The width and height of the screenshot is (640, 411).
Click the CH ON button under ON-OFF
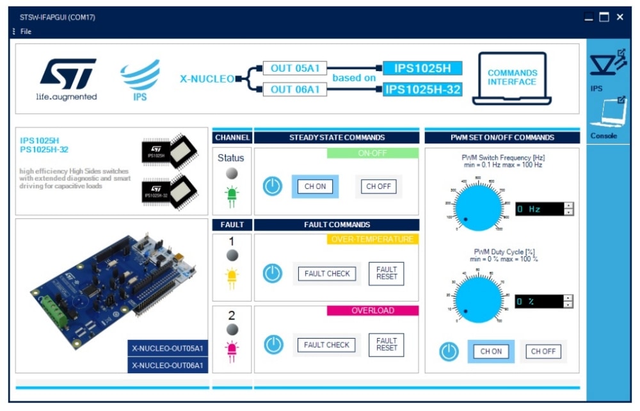[x=315, y=186]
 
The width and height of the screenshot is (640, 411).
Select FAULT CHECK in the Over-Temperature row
[x=327, y=273]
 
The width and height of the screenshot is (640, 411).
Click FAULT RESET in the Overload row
[x=386, y=344]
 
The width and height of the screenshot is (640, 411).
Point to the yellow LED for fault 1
[x=232, y=277]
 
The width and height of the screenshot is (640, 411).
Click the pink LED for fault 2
[x=232, y=350]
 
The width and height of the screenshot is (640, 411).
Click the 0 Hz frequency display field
[x=540, y=209]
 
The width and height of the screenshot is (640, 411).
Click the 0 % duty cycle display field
[x=540, y=301]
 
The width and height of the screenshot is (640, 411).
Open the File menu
[x=25, y=31]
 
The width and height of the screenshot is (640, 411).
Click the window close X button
[x=620, y=17]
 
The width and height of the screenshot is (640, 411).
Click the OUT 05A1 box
[x=295, y=68]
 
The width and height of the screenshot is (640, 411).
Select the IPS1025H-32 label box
[x=422, y=90]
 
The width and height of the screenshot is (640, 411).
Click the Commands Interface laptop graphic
[x=512, y=78]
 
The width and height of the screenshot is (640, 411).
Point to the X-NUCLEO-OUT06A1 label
[x=168, y=365]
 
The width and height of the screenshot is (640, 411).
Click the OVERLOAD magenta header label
[x=372, y=310]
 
